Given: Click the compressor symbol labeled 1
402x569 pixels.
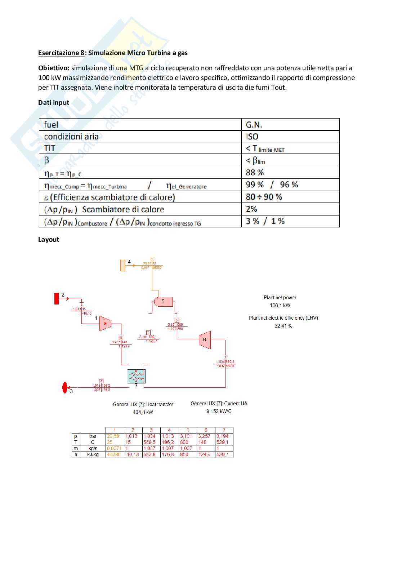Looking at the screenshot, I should point(105,324).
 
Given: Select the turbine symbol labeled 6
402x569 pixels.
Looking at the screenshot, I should point(205,340).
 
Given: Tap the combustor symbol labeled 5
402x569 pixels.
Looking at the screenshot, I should point(162,302).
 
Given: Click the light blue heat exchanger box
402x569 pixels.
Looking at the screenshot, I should point(137,377).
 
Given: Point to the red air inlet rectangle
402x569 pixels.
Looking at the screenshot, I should point(57,299).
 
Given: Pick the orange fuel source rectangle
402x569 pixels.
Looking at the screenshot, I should point(122,265).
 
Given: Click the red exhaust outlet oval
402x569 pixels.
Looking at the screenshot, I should point(65,388).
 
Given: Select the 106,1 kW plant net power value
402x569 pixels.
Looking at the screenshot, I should point(280,305).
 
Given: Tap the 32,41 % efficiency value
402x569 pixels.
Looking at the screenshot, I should point(283,326).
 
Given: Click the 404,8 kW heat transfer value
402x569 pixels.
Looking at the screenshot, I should point(143,412).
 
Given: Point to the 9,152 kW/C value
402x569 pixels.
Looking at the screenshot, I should point(219,411).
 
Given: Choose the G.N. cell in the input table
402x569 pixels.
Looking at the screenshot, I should point(254,125).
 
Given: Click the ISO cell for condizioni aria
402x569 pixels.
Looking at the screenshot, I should point(252,137).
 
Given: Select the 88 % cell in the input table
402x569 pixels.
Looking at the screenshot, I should point(255,172).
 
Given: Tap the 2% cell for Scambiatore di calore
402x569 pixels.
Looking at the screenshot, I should point(251,209).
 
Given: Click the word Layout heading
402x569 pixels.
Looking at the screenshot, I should point(49,240).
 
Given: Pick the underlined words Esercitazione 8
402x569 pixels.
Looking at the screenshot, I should point(61,53).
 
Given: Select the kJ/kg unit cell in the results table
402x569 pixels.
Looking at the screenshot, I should point(93,455).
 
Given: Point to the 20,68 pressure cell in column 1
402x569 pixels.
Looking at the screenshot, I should point(113,436).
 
